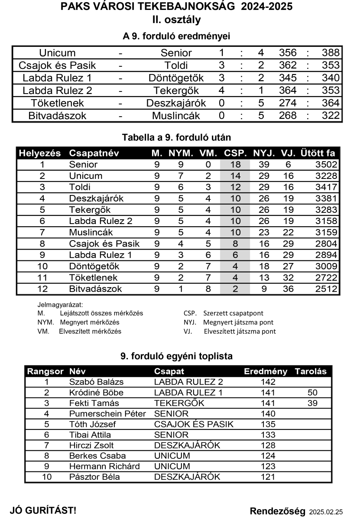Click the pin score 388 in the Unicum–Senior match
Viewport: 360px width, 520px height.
331,53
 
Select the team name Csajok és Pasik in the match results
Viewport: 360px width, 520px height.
57,65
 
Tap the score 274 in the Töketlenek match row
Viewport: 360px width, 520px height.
288,103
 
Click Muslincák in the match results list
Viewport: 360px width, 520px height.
176,116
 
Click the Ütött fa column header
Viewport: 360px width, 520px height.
318,153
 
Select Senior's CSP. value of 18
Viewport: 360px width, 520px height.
235,165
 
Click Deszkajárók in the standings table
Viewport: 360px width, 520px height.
97,198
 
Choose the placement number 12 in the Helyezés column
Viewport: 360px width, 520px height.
42,289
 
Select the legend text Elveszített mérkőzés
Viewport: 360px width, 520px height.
90,331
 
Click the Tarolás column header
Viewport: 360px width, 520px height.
311,371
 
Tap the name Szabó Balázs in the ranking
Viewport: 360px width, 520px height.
97,382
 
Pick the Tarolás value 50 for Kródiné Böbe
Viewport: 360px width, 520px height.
312,393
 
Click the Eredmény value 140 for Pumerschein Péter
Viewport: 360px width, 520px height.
269,414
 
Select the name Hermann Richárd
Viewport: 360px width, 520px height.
104,467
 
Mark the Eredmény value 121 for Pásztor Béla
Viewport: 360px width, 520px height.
269,477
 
